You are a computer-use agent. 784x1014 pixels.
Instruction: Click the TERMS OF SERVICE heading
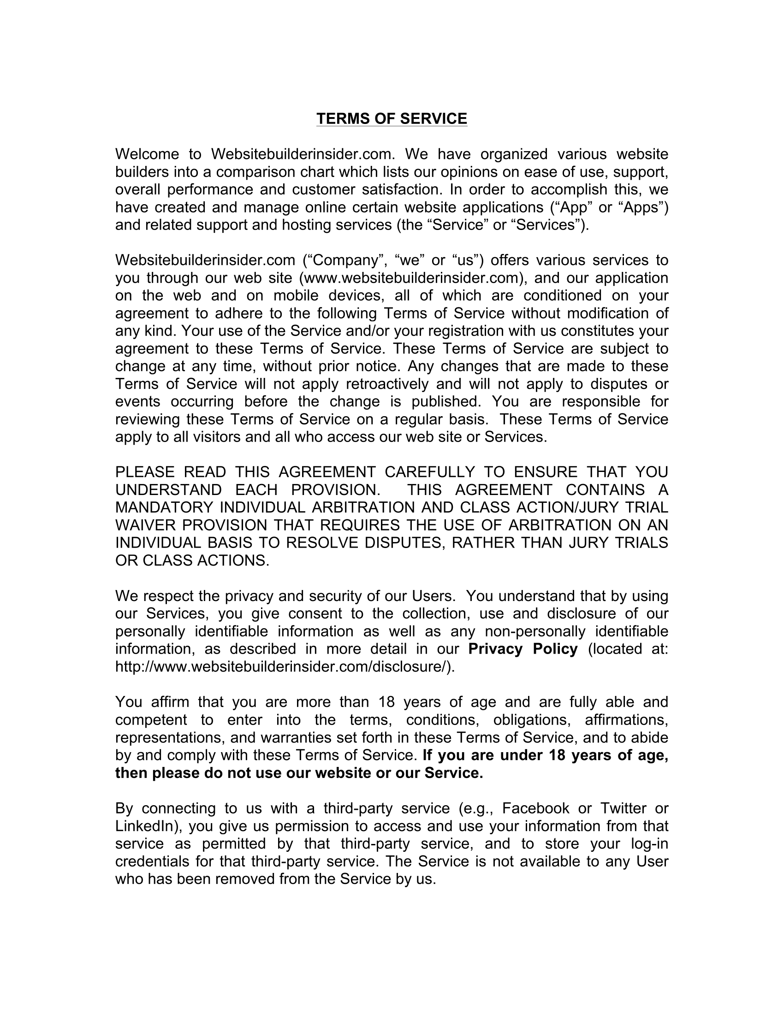(392, 119)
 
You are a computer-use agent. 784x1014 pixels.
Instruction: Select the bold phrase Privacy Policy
(523, 648)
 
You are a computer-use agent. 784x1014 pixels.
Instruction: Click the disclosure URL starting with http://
(285, 666)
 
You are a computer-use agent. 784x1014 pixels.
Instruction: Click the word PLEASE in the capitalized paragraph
(144, 472)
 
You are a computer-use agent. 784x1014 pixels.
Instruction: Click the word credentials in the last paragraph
(151, 861)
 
